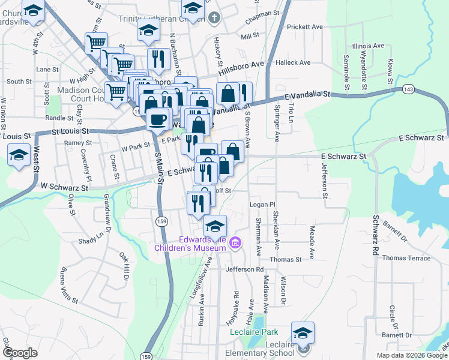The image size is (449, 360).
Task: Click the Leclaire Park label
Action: point(255,331)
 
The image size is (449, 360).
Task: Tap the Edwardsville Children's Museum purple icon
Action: point(235,243)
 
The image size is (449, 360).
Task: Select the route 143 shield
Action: point(408,89)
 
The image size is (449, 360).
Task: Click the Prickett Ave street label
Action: point(305,27)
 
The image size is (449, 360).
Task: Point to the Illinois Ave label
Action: point(369,46)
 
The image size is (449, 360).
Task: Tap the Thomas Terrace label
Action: point(406,258)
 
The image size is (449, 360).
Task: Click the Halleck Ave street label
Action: point(293,62)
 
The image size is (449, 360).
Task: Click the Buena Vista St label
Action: point(64,281)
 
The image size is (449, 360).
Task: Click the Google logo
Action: point(19,353)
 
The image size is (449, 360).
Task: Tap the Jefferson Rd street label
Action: point(245,269)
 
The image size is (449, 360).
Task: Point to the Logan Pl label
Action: point(262,205)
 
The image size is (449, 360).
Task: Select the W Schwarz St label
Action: point(64,188)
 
